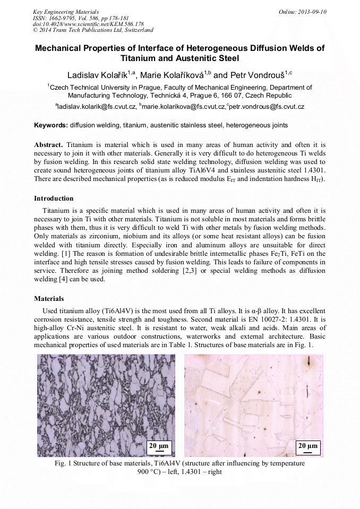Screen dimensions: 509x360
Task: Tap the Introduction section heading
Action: pyautogui.click(x=54, y=199)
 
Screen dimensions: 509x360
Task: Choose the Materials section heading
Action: pyautogui.click(x=49, y=299)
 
